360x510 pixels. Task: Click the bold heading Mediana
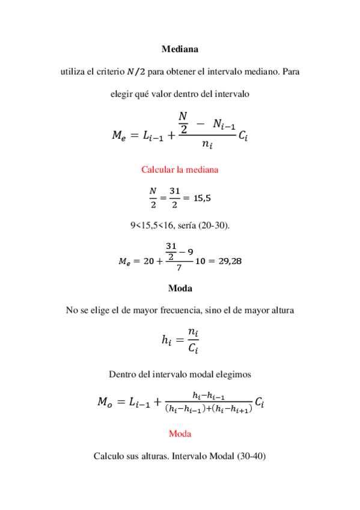(180, 49)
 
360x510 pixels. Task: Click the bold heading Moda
(180, 288)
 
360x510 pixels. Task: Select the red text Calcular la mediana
(180, 170)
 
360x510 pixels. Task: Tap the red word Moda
(180, 434)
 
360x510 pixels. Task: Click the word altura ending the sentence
(281, 310)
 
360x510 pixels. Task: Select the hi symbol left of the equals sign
(166, 340)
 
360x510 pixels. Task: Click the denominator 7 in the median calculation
(180, 268)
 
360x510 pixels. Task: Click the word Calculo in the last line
(109, 456)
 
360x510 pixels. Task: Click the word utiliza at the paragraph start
(73, 72)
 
